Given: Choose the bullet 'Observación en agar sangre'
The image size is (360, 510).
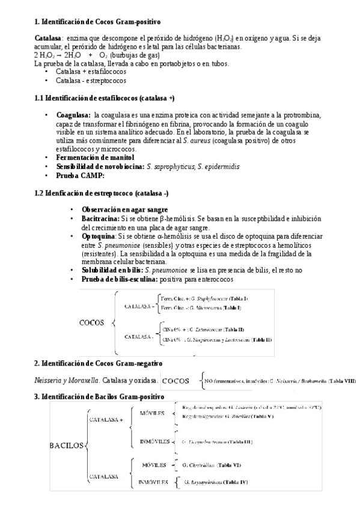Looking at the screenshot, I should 124,209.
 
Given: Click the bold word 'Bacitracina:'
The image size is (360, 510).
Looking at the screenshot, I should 100,220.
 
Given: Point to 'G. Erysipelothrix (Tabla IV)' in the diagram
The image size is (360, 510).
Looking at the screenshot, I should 216,482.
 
